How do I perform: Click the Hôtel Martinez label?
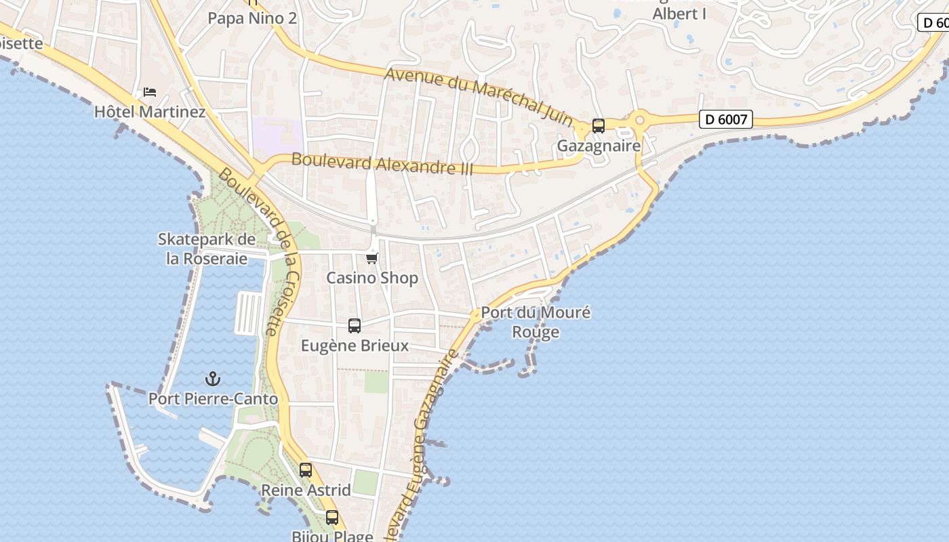click(x=150, y=111)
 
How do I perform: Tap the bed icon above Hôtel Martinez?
click(x=150, y=91)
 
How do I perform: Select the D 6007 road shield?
click(x=725, y=120)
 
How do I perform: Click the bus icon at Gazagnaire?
click(x=598, y=126)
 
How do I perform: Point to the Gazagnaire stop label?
click(x=599, y=146)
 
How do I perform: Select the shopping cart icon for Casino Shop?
click(x=371, y=258)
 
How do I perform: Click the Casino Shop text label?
click(x=372, y=278)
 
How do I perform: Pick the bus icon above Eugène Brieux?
click(x=354, y=326)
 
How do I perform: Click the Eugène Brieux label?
click(x=355, y=346)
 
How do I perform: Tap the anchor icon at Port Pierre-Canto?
click(x=213, y=379)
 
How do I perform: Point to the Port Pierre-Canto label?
click(x=213, y=399)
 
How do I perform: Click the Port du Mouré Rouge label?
click(x=536, y=322)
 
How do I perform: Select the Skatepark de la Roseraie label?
click(x=207, y=249)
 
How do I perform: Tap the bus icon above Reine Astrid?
click(x=306, y=470)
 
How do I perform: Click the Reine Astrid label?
click(x=306, y=490)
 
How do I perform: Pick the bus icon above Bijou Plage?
click(x=331, y=518)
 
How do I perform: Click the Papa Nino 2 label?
click(x=252, y=18)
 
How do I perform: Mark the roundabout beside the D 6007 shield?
click(x=639, y=121)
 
